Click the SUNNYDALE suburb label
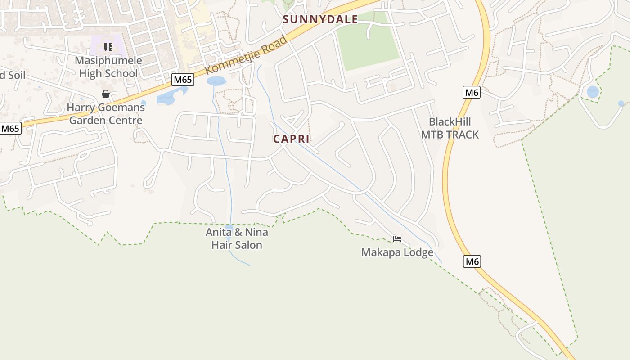click(320, 19)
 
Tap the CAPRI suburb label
click(291, 139)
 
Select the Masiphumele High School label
click(108, 67)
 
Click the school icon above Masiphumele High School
click(108, 47)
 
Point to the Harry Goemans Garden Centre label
click(106, 114)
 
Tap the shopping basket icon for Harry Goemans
click(106, 94)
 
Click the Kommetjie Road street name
click(247, 55)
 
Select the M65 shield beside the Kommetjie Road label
click(183, 80)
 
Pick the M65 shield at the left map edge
click(10, 129)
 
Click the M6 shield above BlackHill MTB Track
click(471, 93)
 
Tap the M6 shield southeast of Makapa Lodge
click(472, 261)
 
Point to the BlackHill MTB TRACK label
click(450, 128)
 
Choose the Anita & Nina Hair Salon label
click(237, 238)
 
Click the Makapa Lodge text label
click(397, 252)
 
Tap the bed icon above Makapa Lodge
click(397, 239)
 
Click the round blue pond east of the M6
click(593, 92)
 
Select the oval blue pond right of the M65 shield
click(216, 81)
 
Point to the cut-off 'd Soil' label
click(13, 75)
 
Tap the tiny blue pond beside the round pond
click(621, 103)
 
